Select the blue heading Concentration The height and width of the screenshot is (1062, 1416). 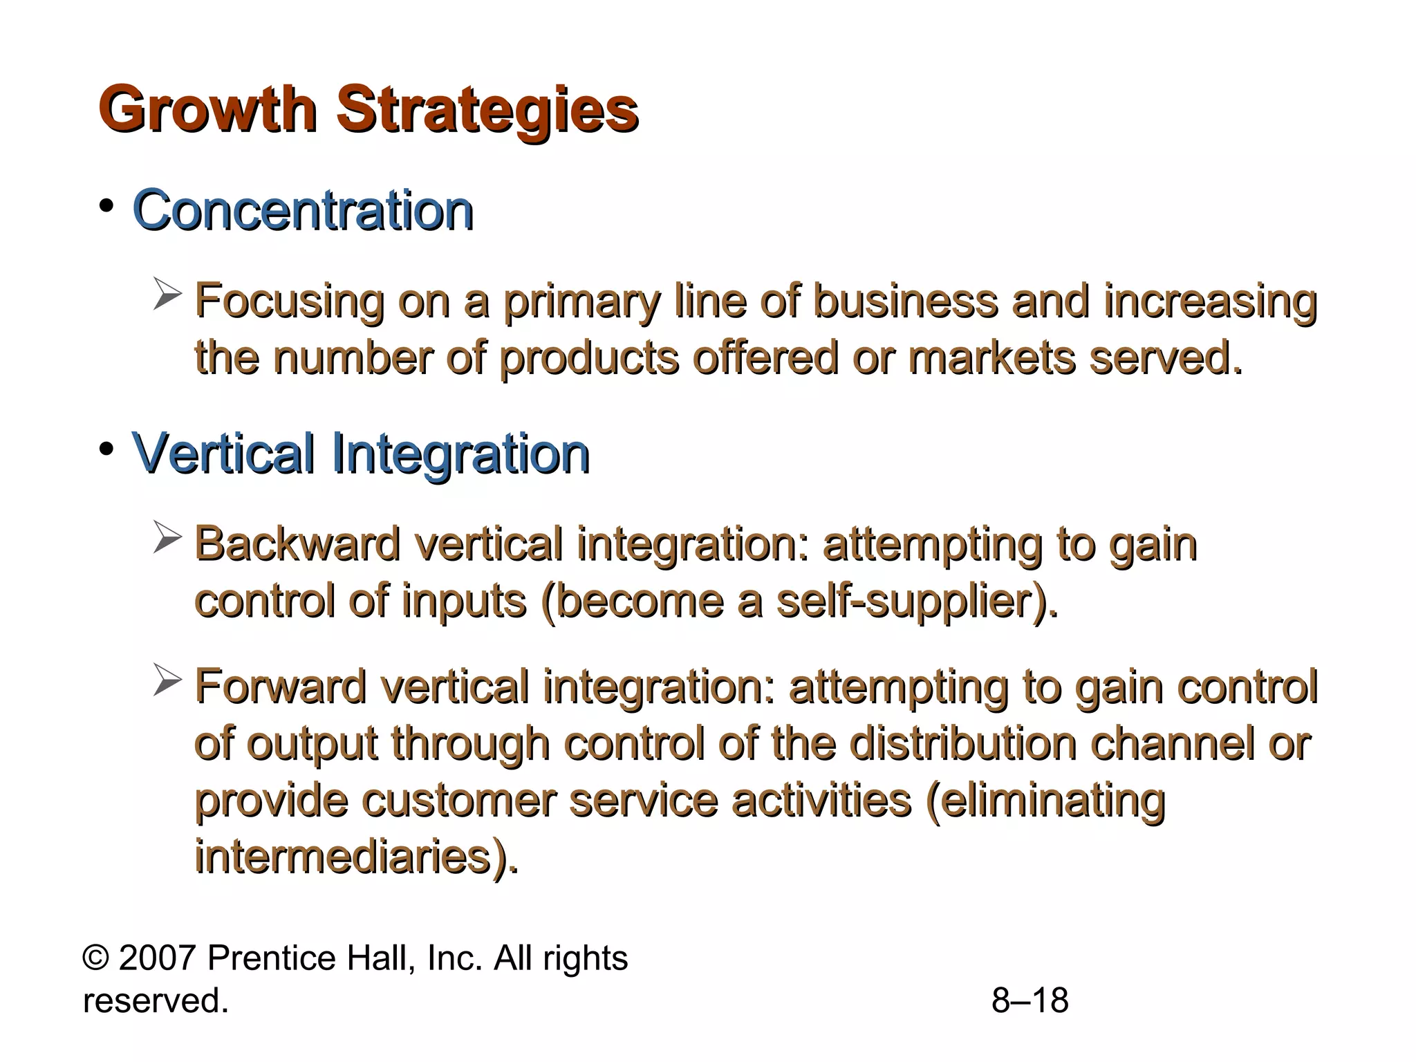coord(303,210)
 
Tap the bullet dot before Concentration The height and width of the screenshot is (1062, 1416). coord(106,206)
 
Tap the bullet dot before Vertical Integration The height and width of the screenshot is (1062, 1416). coord(106,449)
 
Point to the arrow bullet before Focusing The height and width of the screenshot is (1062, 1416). coord(167,294)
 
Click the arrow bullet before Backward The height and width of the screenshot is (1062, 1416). coord(167,537)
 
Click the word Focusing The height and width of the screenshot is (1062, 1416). coord(289,302)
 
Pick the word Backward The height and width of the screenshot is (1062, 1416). coord(297,544)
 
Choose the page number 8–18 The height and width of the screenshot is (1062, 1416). coord(1030,1000)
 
